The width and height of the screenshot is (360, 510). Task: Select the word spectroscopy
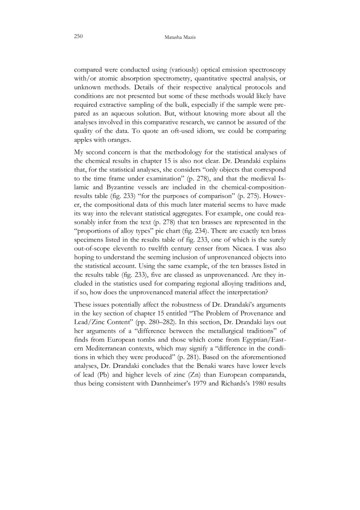[x=264, y=71]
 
